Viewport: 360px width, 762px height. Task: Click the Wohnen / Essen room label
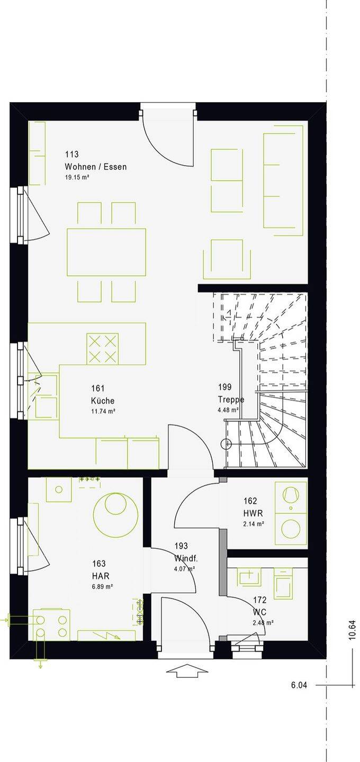pyautogui.click(x=96, y=167)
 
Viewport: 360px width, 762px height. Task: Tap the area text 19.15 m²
pyautogui.click(x=77, y=177)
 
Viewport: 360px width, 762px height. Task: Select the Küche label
pyautogui.click(x=102, y=401)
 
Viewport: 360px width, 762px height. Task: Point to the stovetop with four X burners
pyautogui.click(x=102, y=349)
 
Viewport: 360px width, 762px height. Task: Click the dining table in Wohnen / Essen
pyautogui.click(x=106, y=252)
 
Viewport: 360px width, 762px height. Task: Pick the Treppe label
pyautogui.click(x=231, y=400)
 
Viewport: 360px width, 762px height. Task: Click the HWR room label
pyautogui.click(x=253, y=513)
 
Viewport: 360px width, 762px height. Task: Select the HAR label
pyautogui.click(x=101, y=576)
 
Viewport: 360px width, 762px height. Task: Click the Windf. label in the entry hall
pyautogui.click(x=186, y=558)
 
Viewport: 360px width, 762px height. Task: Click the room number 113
pyautogui.click(x=72, y=155)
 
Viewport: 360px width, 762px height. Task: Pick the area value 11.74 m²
pyautogui.click(x=103, y=411)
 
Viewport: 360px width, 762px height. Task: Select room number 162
pyautogui.click(x=250, y=501)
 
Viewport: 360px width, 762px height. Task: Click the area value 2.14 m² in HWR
pyautogui.click(x=254, y=524)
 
